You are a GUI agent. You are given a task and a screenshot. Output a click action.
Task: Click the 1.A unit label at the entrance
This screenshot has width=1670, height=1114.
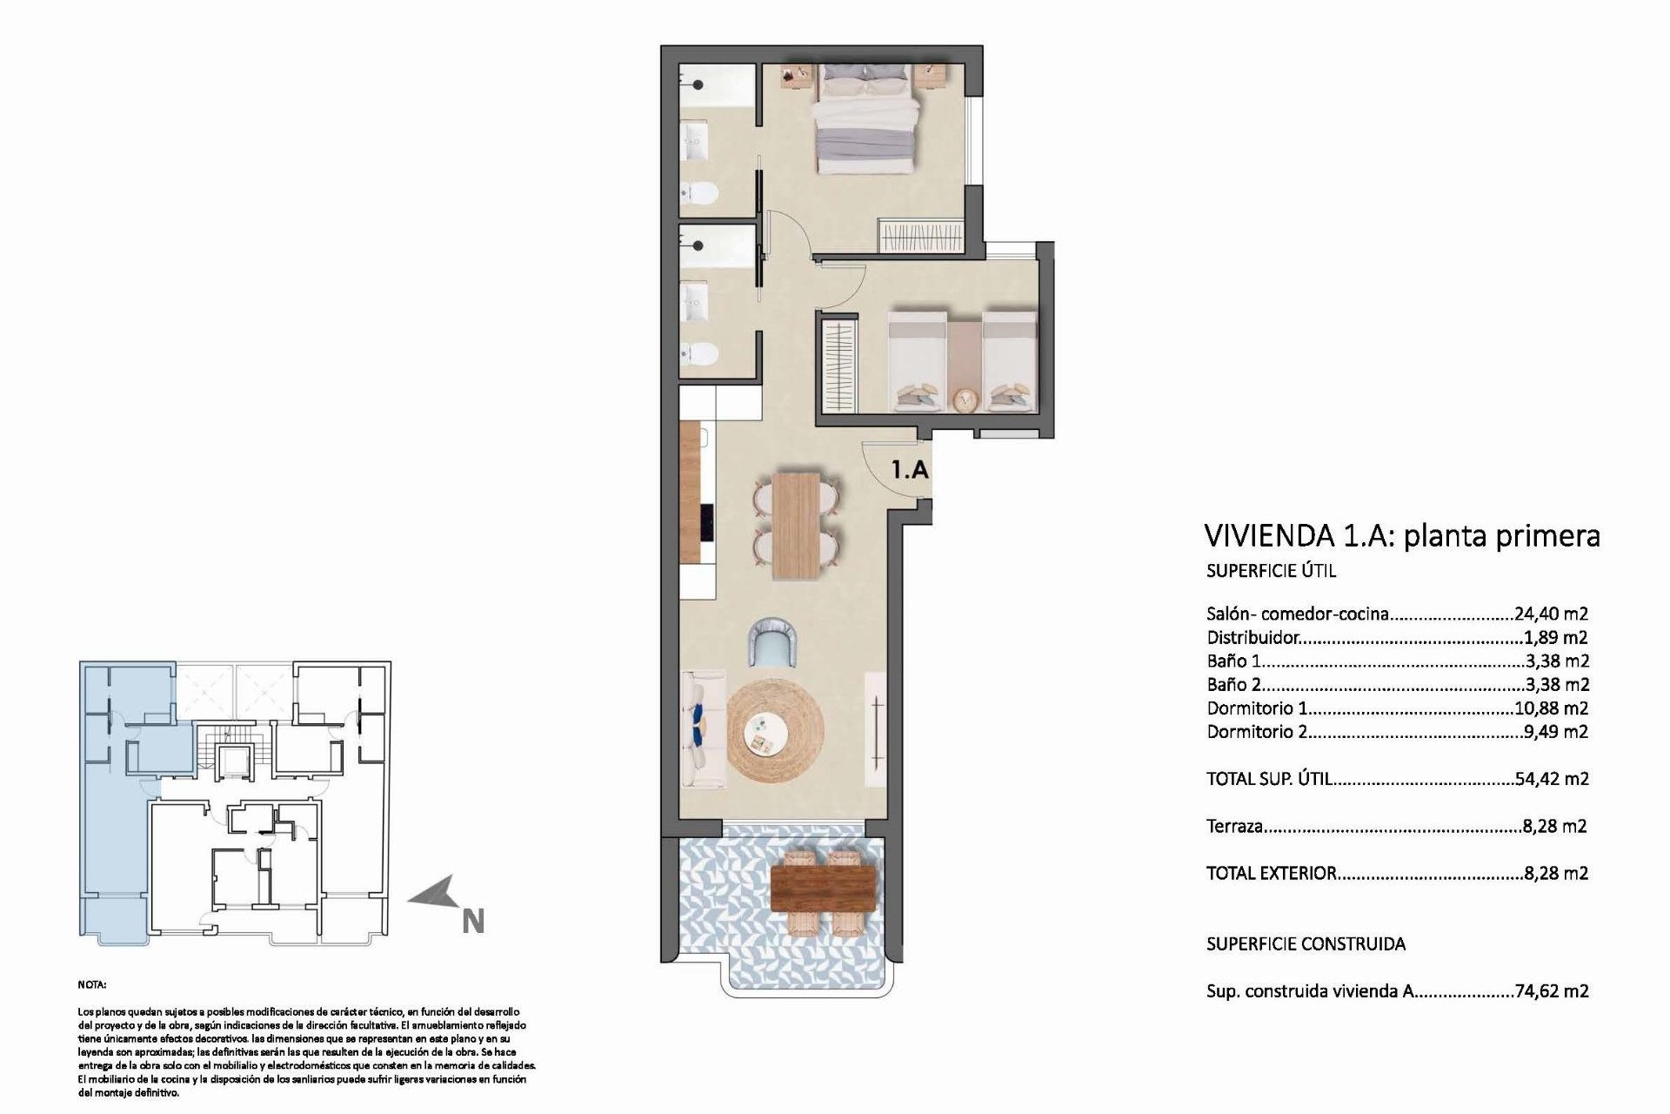click(910, 470)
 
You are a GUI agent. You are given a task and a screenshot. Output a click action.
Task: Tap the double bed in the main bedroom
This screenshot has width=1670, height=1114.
click(866, 122)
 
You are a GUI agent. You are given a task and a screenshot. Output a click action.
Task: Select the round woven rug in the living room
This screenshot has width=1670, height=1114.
click(774, 732)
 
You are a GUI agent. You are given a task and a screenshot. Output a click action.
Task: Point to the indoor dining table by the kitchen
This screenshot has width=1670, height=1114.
click(796, 524)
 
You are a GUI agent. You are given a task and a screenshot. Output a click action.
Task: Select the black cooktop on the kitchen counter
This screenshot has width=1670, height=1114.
click(707, 524)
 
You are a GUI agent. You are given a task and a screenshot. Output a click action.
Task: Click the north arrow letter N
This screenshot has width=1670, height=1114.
click(472, 921)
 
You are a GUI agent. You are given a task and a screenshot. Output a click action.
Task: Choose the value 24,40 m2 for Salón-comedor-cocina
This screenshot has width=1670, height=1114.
click(1551, 614)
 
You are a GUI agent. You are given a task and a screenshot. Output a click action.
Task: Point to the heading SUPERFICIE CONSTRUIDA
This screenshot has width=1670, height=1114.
click(1306, 943)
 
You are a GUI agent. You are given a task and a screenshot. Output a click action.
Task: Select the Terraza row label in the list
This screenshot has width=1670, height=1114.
click(1234, 826)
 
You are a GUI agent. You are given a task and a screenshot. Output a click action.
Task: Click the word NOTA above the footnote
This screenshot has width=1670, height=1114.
click(92, 985)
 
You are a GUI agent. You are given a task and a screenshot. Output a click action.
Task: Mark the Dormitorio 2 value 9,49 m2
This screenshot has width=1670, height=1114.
click(1556, 732)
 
